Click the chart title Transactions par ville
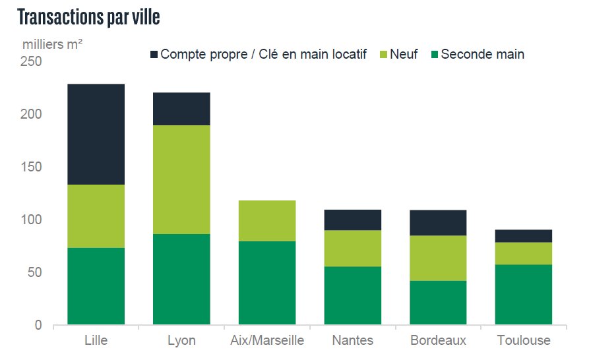pos(88,18)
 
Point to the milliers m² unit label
pos(53,45)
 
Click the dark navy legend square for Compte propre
pos(154,54)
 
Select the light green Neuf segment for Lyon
pos(181,179)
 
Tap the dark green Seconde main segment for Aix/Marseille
pos(266,283)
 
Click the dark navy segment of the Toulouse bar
pos(524,236)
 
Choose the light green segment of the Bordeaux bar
pos(439,258)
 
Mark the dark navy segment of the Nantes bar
pos(353,220)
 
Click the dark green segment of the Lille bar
pos(96,286)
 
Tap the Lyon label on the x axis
pos(181,341)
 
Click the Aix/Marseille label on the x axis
pos(267,341)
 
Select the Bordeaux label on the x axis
pos(438,341)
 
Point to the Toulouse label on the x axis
pos(524,341)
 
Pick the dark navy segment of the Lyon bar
pos(181,109)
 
